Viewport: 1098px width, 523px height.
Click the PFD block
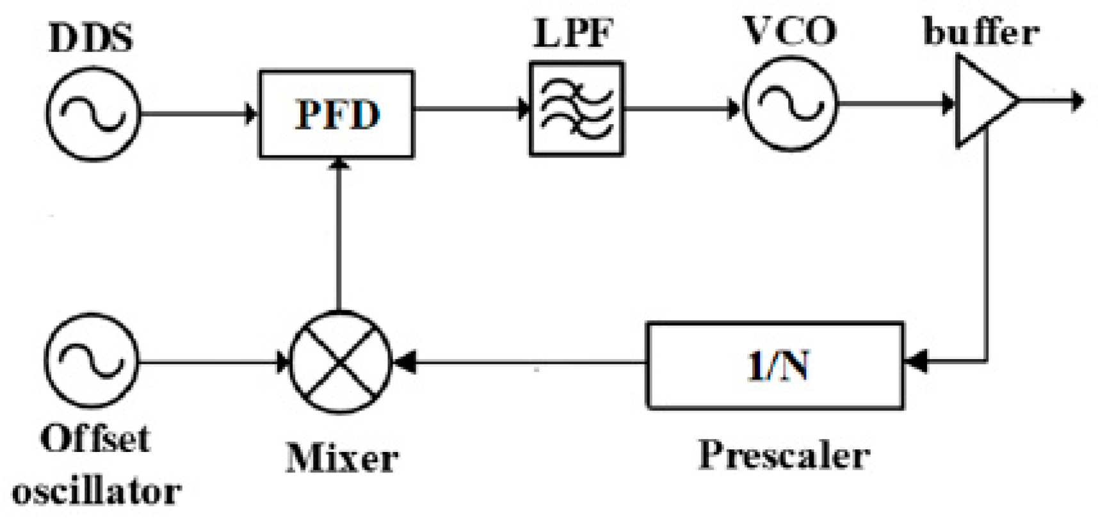336,114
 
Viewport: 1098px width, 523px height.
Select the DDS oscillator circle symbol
93,113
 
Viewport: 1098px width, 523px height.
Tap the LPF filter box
576,108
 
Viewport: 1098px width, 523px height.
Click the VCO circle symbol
790,104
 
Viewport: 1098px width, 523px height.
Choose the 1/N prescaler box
775,366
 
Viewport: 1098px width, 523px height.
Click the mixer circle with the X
340,362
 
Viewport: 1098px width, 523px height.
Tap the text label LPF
573,33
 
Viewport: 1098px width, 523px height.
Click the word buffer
980,31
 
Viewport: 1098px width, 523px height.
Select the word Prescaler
784,455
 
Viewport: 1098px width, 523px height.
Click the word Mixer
342,458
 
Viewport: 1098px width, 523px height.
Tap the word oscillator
96,492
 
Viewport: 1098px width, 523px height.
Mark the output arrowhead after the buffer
1078,101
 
